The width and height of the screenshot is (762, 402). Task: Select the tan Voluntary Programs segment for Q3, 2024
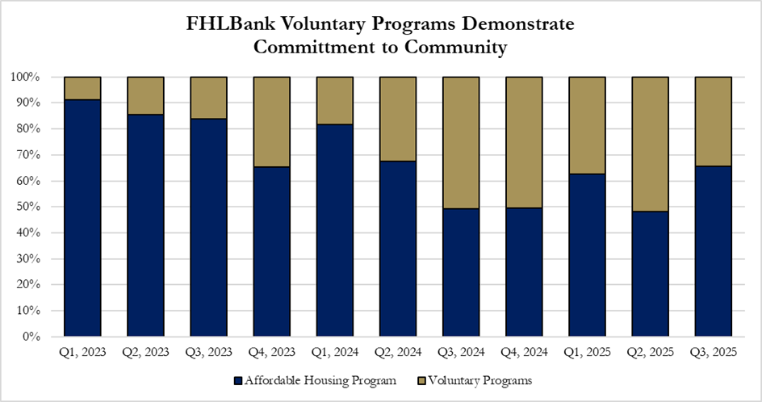tap(460, 143)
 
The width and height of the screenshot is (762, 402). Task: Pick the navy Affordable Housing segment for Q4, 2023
tap(271, 251)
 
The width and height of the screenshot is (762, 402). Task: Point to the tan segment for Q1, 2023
tap(82, 88)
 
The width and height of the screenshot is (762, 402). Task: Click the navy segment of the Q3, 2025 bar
tap(713, 251)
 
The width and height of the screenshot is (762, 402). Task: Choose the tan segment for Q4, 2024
tap(523, 142)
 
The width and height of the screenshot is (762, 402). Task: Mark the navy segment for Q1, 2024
tap(334, 230)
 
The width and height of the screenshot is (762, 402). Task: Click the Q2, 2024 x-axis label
tap(397, 353)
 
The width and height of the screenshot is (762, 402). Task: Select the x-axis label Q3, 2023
tap(208, 353)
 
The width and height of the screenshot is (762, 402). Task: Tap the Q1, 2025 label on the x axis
tap(586, 353)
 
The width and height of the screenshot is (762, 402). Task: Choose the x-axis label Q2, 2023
tap(145, 353)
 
